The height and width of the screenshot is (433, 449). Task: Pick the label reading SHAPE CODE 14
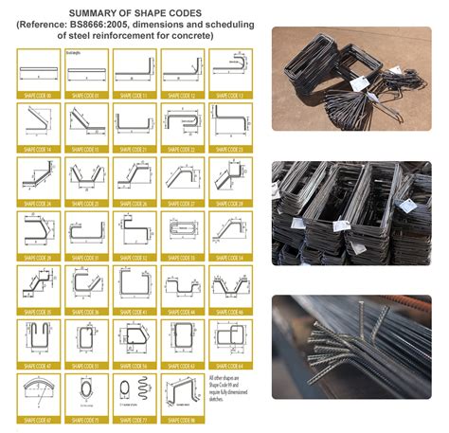(39, 149)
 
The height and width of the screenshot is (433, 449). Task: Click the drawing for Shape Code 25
(86, 176)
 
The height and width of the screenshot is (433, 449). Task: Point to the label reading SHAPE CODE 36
(86, 310)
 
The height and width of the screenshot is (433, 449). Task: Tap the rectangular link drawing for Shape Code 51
(86, 337)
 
